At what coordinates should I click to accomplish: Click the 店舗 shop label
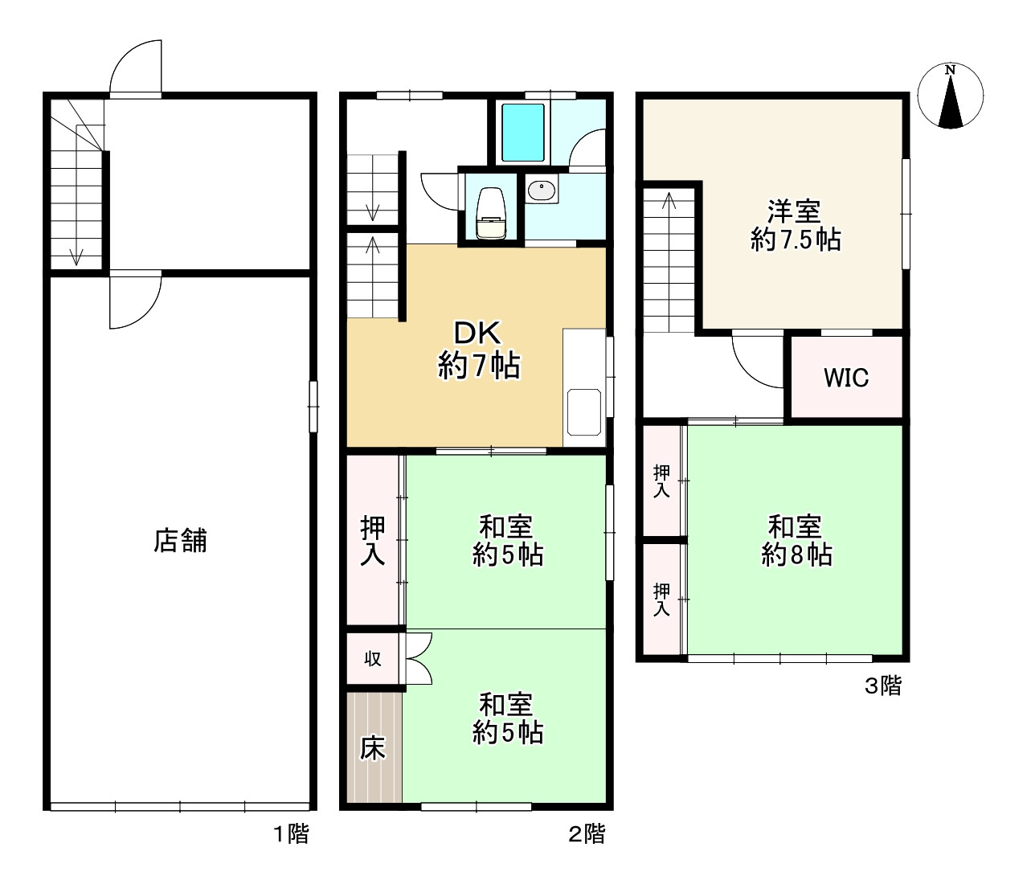[180, 540]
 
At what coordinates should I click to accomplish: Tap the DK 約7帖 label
[479, 350]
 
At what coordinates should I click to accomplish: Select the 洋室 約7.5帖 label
[796, 226]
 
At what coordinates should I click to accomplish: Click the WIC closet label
[846, 378]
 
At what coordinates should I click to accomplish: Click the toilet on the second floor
[491, 214]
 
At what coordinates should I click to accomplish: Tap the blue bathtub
[523, 133]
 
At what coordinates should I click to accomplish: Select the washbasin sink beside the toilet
[541, 190]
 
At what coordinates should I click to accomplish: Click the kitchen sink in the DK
[583, 412]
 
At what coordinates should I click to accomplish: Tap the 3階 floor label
[883, 686]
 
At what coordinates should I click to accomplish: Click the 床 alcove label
[373, 748]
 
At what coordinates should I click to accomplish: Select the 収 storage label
[373, 659]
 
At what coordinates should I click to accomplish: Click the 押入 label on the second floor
[373, 541]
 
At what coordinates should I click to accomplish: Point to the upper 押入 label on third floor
[661, 481]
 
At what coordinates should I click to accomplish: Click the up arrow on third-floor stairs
[669, 201]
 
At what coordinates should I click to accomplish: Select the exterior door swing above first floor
[125, 57]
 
